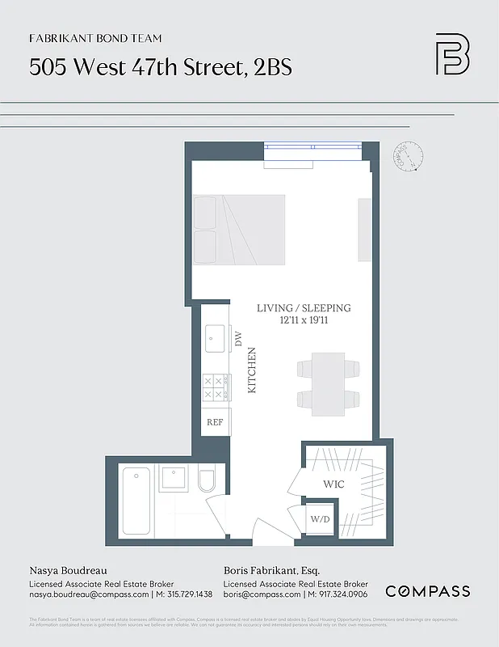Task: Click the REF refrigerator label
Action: point(215,422)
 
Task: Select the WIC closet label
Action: point(335,484)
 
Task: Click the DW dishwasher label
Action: point(238,340)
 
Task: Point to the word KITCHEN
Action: point(251,370)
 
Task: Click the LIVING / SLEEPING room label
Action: point(304,308)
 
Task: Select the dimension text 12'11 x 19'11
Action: point(304,321)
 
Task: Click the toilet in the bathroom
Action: point(205,483)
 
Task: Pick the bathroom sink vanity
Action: point(174,479)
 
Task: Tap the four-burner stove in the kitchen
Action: point(216,387)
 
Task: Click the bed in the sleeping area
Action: point(239,230)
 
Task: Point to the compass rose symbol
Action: point(409,156)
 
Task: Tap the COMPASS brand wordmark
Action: point(427,591)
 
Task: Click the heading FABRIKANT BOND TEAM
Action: point(95,38)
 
